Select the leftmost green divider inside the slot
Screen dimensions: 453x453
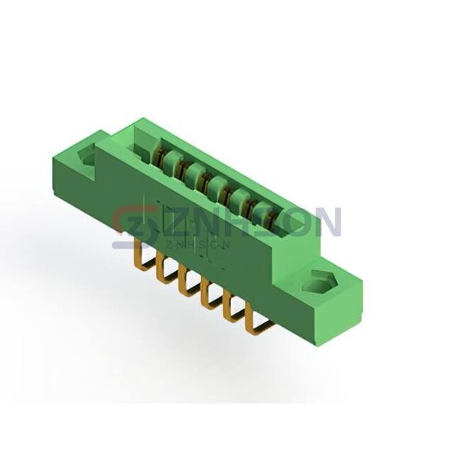click(173, 160)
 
